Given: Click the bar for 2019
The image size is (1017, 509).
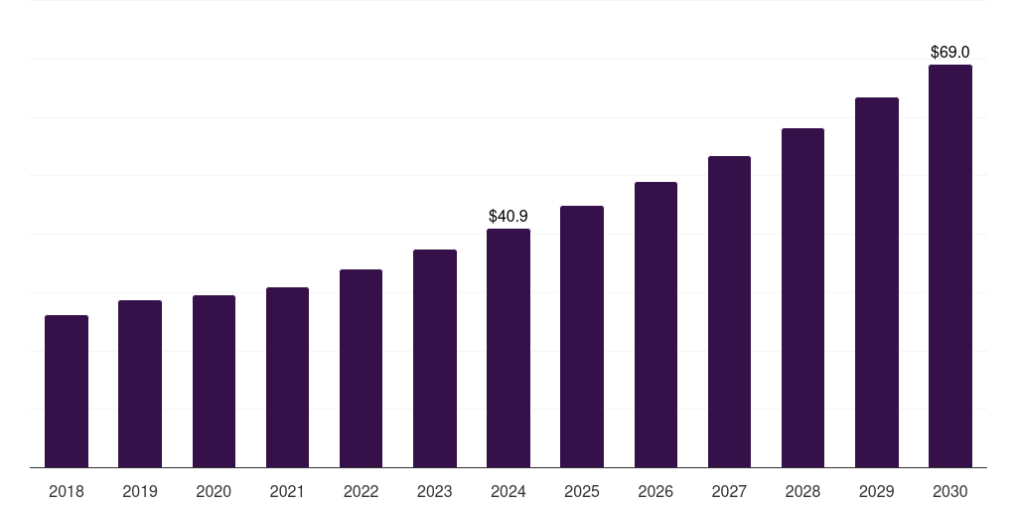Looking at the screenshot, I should [x=140, y=384].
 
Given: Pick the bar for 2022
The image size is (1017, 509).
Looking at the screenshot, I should [x=361, y=368].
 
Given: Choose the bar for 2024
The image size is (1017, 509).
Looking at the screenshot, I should [x=508, y=348].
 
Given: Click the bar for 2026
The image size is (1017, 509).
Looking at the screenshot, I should [x=655, y=324].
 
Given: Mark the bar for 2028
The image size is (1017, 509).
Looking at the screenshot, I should [x=802, y=297].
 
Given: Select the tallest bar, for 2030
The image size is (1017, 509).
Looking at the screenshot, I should [x=949, y=265].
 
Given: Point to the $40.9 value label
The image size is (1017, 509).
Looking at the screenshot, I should [x=508, y=216].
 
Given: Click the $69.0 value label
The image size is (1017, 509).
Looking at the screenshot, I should [x=949, y=52].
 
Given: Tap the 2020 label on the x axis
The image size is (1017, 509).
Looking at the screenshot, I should [x=214, y=491].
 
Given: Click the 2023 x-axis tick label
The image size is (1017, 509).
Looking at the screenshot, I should [x=434, y=491].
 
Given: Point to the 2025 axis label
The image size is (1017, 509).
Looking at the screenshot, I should [x=582, y=491].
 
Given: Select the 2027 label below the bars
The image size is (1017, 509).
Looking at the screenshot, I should [x=729, y=491].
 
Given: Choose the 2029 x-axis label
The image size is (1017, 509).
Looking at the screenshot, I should [x=876, y=491].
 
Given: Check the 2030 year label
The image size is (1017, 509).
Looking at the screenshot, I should [x=949, y=491].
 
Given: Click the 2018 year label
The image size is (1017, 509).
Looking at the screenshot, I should [x=67, y=491].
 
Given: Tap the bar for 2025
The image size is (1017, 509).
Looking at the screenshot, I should [x=582, y=336].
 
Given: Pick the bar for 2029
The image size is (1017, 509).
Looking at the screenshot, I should [x=876, y=282].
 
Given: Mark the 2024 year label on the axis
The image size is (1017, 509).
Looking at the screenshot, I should [x=508, y=491].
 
